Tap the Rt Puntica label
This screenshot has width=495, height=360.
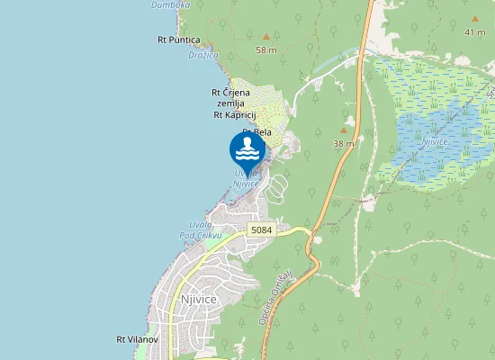click(x=178, y=40)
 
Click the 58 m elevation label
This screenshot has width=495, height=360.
click(x=266, y=49)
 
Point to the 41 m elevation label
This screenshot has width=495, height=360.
click(x=474, y=32)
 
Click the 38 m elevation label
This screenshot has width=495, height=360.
click(x=343, y=143)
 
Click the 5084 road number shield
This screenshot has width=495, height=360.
click(x=260, y=229)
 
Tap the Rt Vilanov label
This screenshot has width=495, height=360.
click(x=137, y=339)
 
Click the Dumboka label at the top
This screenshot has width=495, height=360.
click(x=169, y=4)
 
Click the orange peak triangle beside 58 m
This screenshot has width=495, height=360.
click(x=265, y=37)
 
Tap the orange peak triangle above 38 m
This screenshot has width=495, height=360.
click(x=343, y=130)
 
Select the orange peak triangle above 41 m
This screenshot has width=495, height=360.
click(x=473, y=19)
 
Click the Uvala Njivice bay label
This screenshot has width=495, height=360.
click(x=247, y=178)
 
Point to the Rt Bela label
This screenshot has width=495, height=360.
click(x=258, y=132)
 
